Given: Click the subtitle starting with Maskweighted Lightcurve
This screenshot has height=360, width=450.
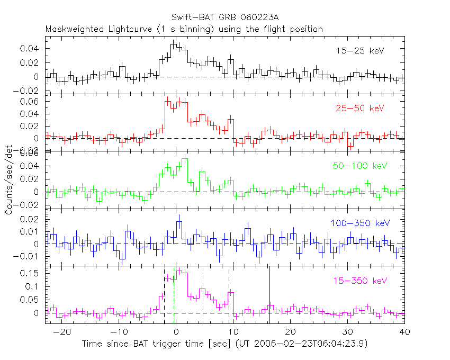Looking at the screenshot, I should pos(184,29).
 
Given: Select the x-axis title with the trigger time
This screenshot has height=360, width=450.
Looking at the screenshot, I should pos(224,344).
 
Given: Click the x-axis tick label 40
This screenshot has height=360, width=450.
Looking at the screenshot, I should pos(404,332).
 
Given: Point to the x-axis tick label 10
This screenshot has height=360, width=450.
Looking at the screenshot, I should pos(233,332).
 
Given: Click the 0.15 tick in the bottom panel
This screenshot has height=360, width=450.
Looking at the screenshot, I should pos(33,274).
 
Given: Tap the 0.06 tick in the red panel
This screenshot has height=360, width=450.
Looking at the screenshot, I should pos(33,101).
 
